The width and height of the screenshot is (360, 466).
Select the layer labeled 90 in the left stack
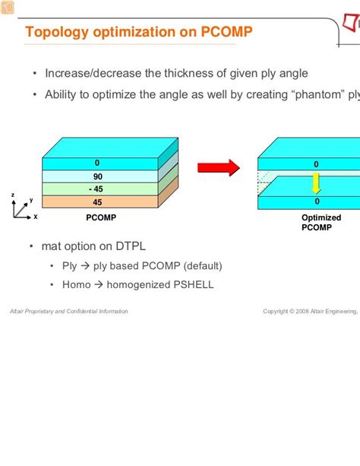pyautogui.click(x=97, y=176)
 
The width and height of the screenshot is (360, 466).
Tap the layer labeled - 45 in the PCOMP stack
pyautogui.click(x=97, y=189)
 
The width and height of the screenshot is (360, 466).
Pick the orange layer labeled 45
pyautogui.click(x=97, y=202)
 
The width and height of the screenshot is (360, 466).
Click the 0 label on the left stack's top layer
pyautogui.click(x=97, y=163)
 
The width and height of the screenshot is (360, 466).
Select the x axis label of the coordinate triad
pyautogui.click(x=36, y=217)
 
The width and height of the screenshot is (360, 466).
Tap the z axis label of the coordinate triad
pyautogui.click(x=13, y=195)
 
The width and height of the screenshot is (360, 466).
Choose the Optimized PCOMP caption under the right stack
pyautogui.click(x=317, y=222)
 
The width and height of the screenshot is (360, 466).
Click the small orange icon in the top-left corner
pyautogui.click(x=6, y=6)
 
